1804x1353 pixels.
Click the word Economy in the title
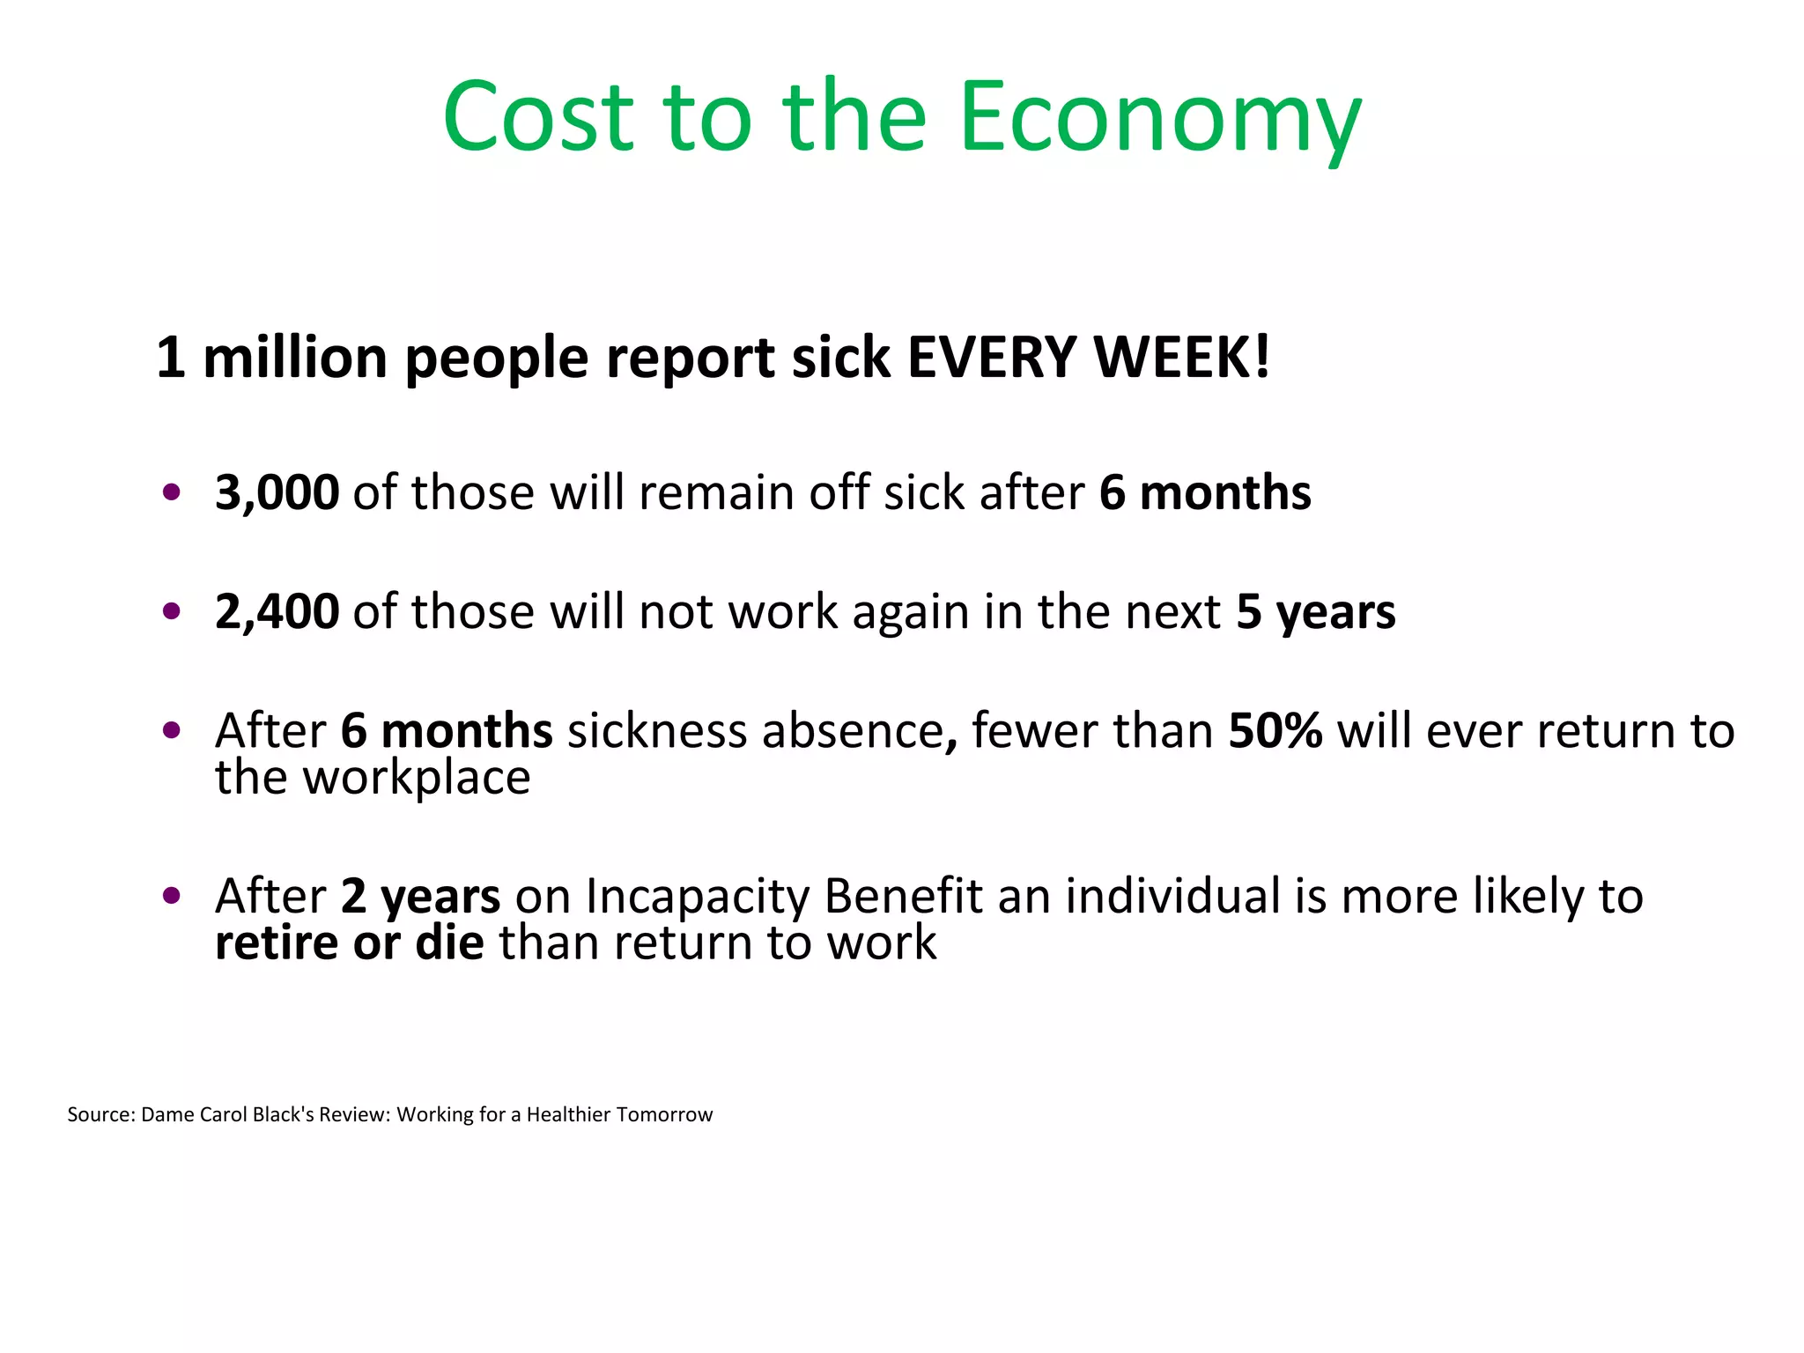coord(1160,119)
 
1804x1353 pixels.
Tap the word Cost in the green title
coord(538,119)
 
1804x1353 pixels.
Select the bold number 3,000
coord(277,492)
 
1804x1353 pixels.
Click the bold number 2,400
coord(277,611)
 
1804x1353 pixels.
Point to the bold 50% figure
coord(1275,731)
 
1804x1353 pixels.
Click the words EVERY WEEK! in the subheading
coord(1089,359)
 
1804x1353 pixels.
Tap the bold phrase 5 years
coord(1315,611)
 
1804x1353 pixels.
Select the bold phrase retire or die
coord(349,943)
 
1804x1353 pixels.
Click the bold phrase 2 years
coord(420,897)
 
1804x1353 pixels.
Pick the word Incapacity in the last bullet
coord(697,897)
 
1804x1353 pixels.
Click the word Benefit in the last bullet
coord(903,897)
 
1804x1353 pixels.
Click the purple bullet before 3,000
coord(172,492)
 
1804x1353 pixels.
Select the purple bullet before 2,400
coord(172,610)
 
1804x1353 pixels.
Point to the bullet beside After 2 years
coord(172,896)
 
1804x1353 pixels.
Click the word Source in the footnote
coord(100,1114)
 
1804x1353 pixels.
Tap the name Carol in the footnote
coord(224,1114)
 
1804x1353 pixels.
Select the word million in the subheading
coord(295,359)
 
